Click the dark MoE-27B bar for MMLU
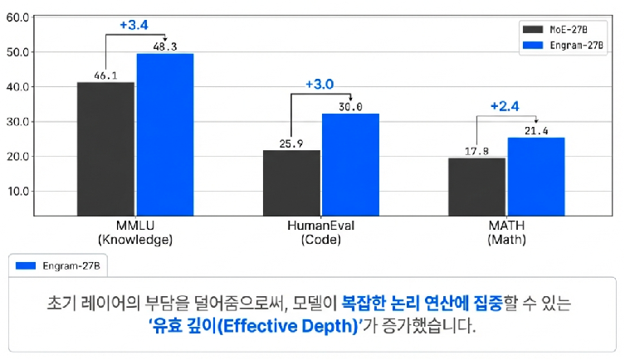click(105, 148)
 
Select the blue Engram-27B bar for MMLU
click(165, 134)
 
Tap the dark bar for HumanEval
click(291, 182)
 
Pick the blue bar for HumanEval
click(350, 164)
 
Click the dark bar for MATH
click(476, 187)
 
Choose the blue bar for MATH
click(536, 176)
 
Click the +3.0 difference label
click(320, 85)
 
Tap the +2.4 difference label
click(505, 106)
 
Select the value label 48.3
click(166, 46)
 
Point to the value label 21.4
click(535, 131)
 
